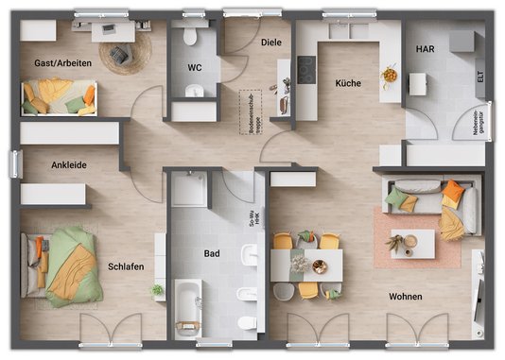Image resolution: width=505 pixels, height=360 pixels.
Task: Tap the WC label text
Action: [195, 68]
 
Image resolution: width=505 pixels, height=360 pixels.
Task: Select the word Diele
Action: [272, 43]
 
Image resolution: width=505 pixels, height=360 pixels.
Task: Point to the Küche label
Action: [348, 83]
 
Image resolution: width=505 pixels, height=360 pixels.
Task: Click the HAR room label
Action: [425, 49]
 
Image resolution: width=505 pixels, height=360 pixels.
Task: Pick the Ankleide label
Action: [69, 164]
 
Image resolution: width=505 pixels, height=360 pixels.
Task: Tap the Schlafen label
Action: [126, 266]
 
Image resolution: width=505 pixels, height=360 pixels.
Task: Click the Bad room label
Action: [212, 253]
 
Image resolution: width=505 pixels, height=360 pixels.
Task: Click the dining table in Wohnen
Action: [305, 265]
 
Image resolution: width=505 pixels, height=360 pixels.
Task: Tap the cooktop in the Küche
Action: [306, 68]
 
